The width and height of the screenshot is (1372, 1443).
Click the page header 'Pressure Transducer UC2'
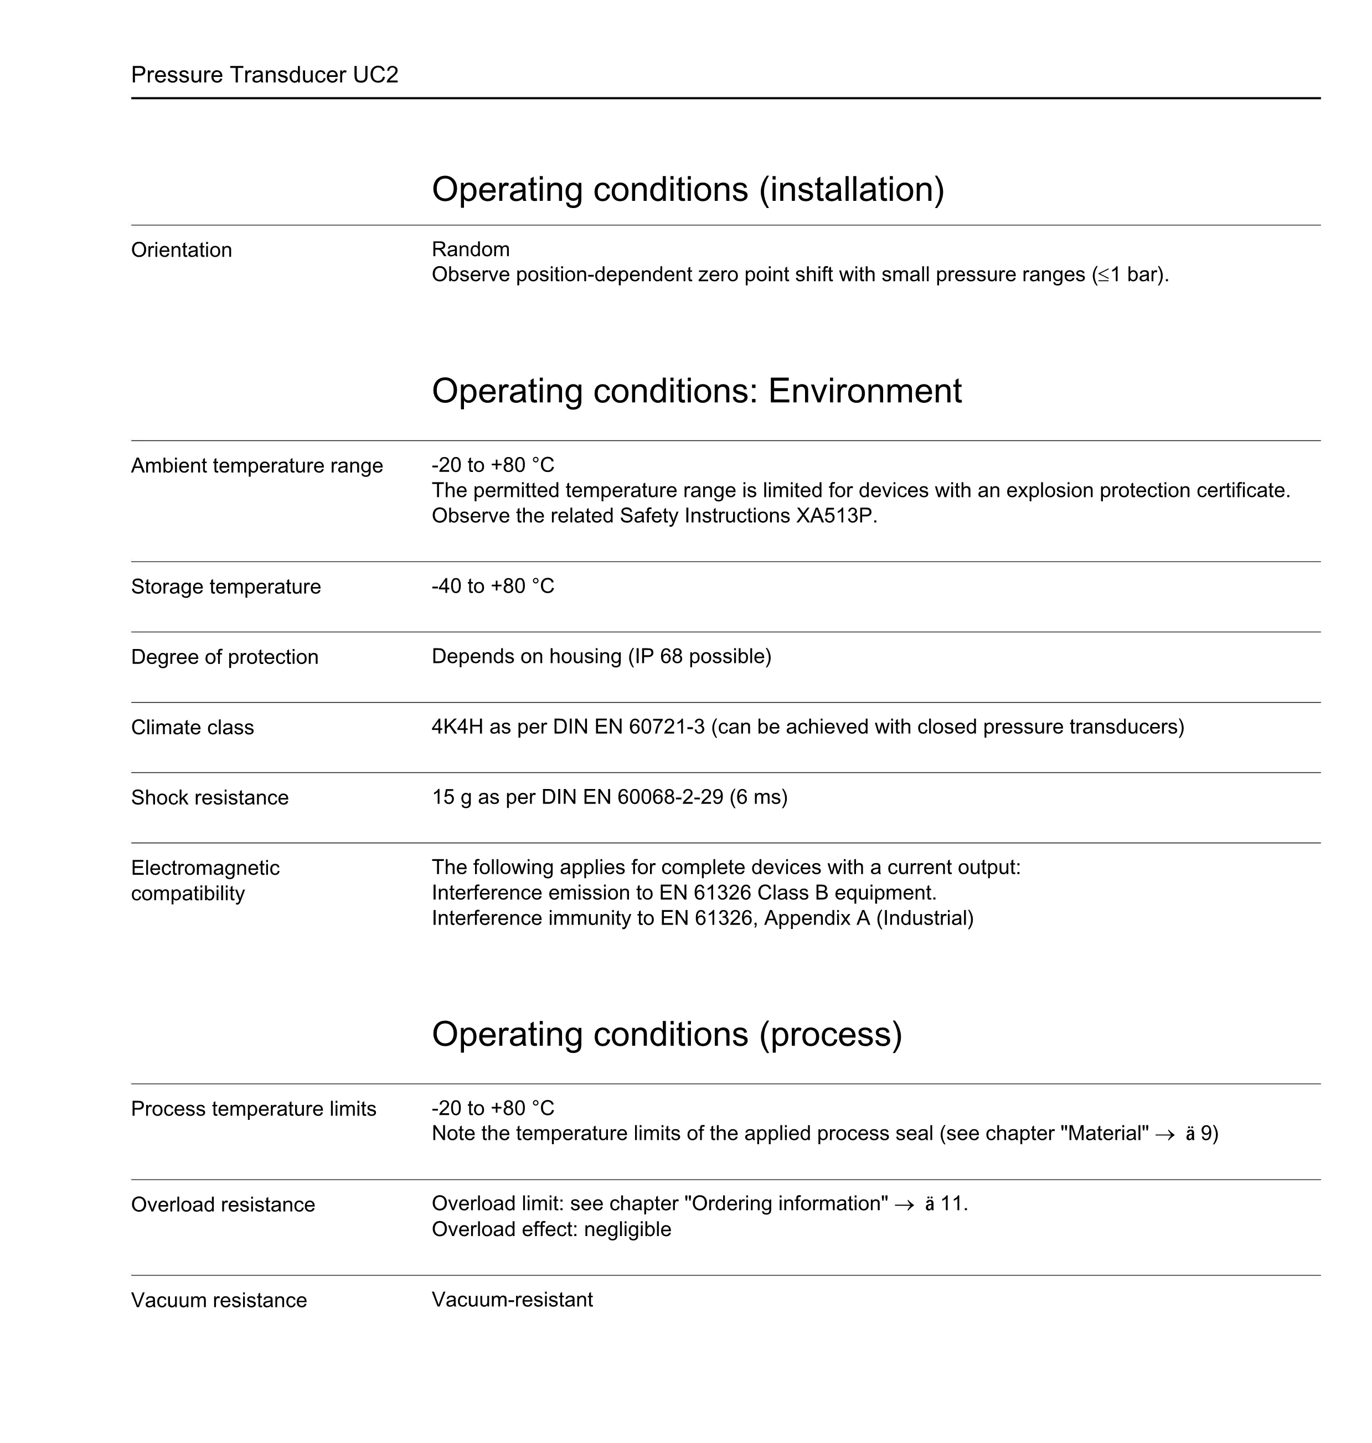coord(264,75)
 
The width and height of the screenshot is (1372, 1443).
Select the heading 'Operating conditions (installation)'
coord(688,189)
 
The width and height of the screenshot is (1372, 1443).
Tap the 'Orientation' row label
coord(182,250)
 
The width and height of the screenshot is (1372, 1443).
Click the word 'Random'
coord(470,250)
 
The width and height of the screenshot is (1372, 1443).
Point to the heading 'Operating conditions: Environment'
coord(696,391)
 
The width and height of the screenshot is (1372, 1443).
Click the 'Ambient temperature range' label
coord(257,466)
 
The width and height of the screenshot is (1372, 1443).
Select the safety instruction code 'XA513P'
coord(834,516)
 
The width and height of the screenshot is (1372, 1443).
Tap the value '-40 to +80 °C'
coord(493,586)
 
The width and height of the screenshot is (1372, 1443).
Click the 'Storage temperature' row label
coord(226,587)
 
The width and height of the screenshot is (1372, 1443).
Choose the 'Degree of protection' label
coord(225,657)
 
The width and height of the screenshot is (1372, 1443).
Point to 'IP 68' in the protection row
coord(656,656)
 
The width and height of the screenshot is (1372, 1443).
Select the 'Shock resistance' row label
coord(210,797)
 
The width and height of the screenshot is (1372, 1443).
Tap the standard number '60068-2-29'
coord(670,797)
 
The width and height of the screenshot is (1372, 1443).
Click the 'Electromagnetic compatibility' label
coord(205,880)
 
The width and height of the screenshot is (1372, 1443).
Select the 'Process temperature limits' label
coord(253,1109)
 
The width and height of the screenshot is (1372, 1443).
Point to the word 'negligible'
coord(627,1229)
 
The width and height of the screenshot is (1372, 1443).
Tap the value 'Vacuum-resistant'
coord(512,1300)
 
